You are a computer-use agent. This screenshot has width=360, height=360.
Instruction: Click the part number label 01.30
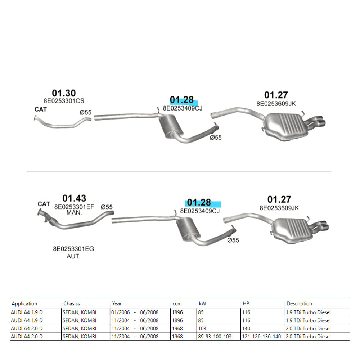point(64,93)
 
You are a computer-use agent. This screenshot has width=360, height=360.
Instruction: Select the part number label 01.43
point(74,198)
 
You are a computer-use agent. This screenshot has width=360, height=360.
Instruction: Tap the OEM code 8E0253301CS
point(64,101)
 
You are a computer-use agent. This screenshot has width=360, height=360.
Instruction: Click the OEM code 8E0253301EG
point(73,249)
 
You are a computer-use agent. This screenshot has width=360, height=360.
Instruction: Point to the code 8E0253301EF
point(74,207)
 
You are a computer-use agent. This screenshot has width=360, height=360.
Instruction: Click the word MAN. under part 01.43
point(74,213)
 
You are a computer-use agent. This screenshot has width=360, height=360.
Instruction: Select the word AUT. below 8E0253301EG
point(73,256)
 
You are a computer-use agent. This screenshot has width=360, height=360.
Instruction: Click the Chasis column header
point(72,303)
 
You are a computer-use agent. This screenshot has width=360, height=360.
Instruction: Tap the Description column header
point(300,303)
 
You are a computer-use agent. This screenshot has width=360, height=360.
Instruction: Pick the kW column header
point(202,303)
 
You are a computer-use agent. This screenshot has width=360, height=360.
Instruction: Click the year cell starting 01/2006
point(135,312)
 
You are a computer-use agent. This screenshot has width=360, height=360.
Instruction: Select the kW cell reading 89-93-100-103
point(215,337)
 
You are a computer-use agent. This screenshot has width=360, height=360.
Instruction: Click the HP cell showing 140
point(246,329)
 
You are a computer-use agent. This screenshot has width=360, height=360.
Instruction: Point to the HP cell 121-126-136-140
point(261,337)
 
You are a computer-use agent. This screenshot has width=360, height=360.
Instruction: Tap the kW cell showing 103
point(202,329)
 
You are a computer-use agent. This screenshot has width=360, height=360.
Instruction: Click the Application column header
point(24,303)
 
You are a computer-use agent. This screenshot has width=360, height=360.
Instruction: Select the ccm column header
point(177,304)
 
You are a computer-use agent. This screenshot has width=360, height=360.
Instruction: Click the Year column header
point(117,303)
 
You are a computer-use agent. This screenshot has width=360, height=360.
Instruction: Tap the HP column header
point(246,303)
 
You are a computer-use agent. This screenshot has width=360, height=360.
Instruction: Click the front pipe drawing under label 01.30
point(62,126)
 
